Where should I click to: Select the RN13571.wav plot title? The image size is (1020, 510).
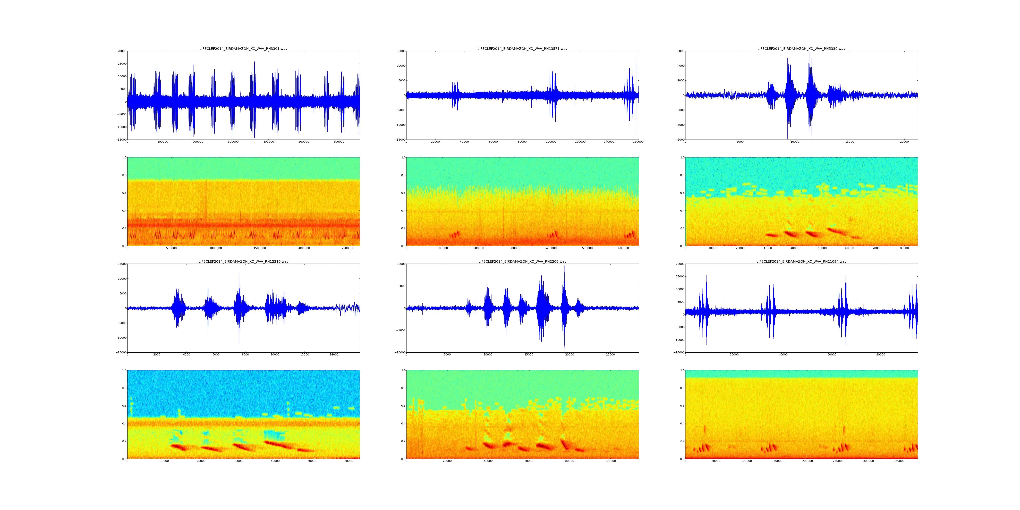(x=522, y=49)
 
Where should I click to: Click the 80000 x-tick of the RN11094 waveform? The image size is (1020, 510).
(x=881, y=355)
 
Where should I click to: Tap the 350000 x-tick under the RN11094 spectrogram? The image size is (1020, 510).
(x=899, y=461)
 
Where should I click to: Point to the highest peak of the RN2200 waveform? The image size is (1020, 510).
(x=564, y=266)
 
